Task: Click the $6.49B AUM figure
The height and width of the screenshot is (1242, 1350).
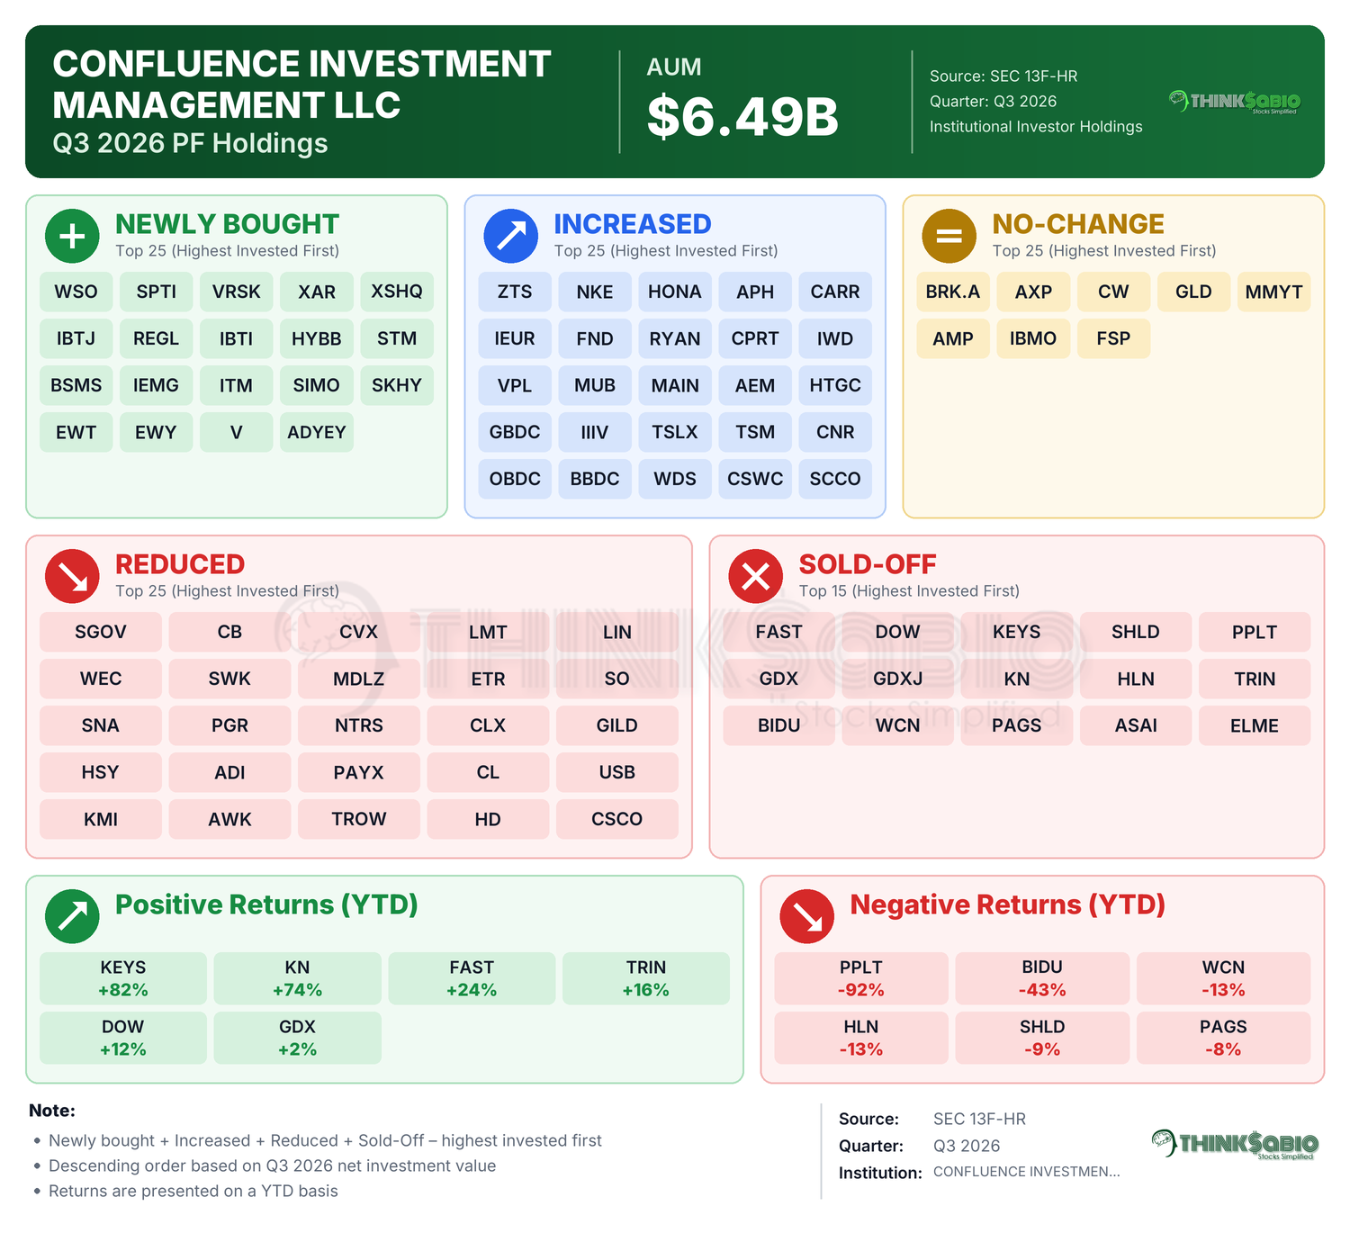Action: click(742, 116)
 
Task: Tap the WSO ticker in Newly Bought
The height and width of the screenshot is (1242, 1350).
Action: click(76, 292)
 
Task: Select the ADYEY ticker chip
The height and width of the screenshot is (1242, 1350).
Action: click(316, 432)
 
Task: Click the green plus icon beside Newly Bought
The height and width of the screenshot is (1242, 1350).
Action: click(72, 237)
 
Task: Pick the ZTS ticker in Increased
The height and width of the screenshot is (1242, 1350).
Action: click(514, 292)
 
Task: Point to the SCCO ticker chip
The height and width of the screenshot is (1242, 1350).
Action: click(834, 479)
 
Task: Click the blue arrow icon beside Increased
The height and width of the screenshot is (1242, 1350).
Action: click(511, 237)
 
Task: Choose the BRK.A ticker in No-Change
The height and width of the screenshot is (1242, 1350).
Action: click(952, 292)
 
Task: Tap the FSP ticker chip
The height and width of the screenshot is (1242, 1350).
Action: click(1113, 338)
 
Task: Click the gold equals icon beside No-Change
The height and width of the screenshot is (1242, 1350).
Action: click(949, 237)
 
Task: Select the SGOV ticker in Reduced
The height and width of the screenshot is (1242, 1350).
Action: click(100, 632)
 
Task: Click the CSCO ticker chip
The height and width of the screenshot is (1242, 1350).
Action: click(616, 819)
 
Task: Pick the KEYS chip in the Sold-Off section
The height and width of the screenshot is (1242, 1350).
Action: click(1016, 632)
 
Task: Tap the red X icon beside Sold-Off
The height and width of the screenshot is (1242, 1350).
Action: click(755, 576)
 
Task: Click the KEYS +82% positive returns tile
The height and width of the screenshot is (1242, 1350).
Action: click(123, 978)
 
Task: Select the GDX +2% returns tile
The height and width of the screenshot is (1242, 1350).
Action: click(298, 1038)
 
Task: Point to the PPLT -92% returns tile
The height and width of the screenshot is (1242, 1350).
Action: click(860, 978)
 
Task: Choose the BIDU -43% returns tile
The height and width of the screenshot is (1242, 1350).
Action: click(1042, 978)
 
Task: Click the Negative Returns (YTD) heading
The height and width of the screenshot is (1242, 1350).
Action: click(1007, 904)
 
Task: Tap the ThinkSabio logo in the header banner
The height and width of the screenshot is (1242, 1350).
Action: click(1234, 102)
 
